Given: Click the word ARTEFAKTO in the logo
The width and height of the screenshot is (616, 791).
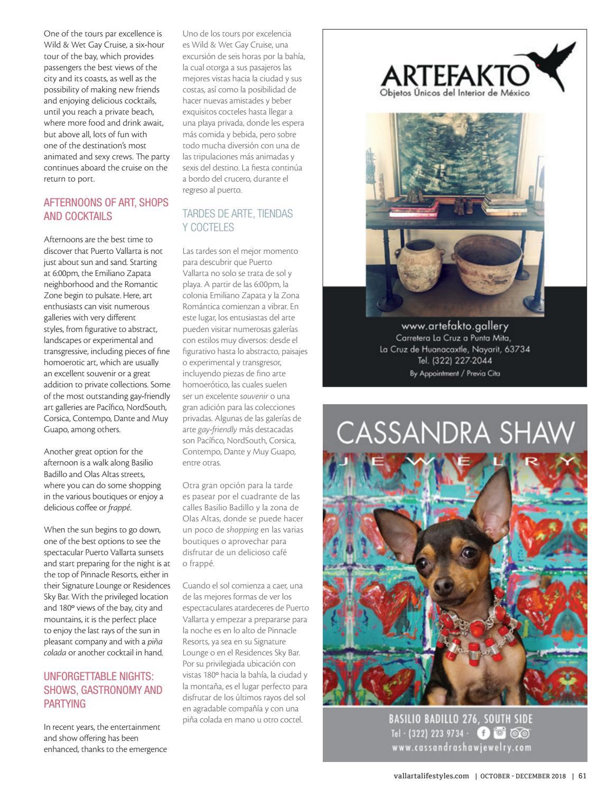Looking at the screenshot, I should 454,76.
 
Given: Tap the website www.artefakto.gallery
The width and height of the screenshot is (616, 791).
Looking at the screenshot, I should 454,326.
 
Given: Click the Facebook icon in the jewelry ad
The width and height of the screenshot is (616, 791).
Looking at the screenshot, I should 483,733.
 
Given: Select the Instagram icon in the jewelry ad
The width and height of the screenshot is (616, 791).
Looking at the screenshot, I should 499,733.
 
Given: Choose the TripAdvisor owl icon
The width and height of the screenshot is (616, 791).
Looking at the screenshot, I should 520,733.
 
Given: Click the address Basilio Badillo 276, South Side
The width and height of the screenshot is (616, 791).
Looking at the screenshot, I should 461,719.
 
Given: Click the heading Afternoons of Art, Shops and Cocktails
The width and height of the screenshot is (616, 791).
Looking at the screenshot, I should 106,209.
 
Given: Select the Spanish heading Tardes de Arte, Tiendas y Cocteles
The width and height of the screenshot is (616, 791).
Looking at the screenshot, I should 237,221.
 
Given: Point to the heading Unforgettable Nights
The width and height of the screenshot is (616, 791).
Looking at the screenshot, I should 102,690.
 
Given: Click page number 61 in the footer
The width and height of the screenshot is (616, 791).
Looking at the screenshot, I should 582,776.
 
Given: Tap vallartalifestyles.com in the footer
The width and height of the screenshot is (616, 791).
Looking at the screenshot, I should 431,776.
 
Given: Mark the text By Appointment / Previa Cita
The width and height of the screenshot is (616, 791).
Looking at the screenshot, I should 454,374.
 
